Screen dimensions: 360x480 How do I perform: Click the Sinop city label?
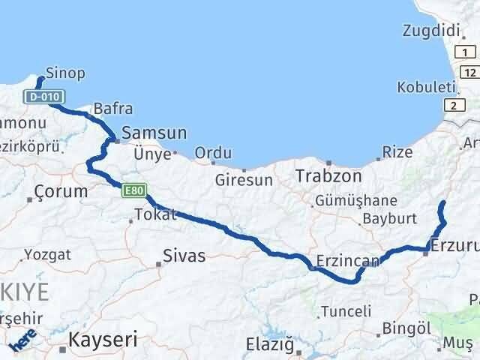click(64, 73)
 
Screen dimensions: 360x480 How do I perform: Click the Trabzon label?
click(328, 176)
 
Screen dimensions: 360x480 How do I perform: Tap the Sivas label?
click(184, 256)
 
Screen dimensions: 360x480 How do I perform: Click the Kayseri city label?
click(102, 340)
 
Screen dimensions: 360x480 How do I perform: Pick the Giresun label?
click(244, 180)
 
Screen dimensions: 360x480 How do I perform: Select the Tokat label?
click(155, 215)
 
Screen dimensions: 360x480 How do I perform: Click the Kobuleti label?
click(427, 87)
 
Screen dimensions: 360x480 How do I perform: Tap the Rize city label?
click(397, 152)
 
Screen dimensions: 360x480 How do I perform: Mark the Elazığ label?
click(269, 345)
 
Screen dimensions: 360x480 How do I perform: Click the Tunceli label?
click(346, 311)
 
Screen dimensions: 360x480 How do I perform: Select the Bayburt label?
click(388, 220)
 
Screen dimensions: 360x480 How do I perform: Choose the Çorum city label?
click(61, 192)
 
